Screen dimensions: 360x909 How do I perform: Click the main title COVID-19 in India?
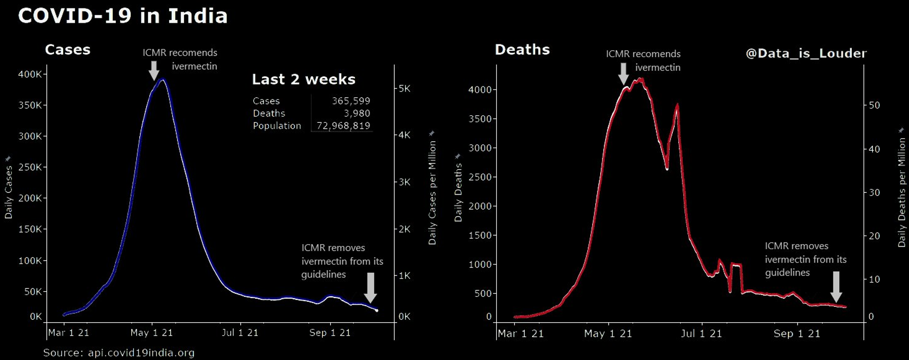[123, 16]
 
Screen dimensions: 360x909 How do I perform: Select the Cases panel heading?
[68, 50]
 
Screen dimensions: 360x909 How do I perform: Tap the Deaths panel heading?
[522, 50]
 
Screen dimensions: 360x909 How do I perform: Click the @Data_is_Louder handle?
[806, 53]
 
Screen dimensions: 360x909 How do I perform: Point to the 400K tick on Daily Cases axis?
[30, 74]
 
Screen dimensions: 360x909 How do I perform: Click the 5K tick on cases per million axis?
[404, 89]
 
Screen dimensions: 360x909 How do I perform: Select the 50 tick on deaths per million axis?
[874, 105]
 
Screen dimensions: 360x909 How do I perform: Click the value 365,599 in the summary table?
[351, 101]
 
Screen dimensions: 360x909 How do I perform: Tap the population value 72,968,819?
[343, 126]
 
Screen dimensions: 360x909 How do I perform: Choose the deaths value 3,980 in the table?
[357, 113]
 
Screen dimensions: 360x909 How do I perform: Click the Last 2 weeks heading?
[303, 80]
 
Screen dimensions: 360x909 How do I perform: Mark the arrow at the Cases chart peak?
[154, 70]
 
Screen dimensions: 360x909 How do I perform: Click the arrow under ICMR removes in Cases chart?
[370, 287]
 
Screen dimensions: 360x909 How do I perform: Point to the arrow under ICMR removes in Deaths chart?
[836, 286]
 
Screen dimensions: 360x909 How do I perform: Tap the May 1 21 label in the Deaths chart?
[608, 334]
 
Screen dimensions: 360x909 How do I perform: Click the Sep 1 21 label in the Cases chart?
[330, 333]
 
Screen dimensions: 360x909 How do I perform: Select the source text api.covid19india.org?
[141, 353]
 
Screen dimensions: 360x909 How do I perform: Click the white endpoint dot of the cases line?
[376, 310]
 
